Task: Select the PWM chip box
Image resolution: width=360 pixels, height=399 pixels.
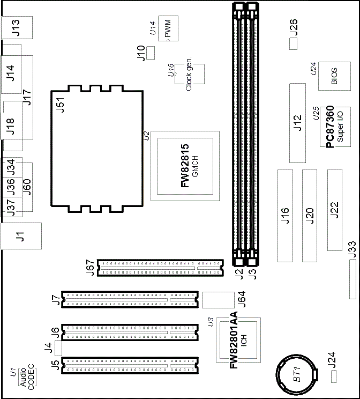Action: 168,28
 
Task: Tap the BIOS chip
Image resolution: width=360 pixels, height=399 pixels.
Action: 334,76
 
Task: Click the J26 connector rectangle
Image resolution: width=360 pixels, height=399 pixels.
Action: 293,44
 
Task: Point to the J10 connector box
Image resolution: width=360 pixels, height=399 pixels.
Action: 151,53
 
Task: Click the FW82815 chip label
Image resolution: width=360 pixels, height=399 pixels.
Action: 185,166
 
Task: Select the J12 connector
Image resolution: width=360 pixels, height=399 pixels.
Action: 297,123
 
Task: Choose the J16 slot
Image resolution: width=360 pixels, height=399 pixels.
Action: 285,215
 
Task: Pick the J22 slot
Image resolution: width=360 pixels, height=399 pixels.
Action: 335,210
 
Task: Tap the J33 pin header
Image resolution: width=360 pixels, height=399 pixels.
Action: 352,279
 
